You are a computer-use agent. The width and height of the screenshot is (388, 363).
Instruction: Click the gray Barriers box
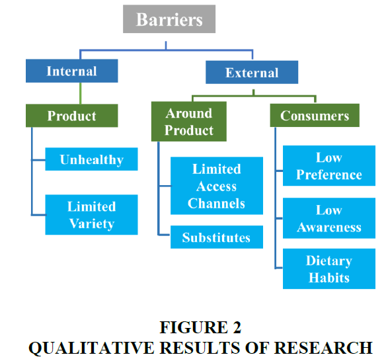tap(169, 19)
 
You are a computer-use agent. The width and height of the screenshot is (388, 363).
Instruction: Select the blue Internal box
tap(72, 71)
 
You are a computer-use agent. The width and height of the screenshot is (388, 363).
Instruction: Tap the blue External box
tap(252, 72)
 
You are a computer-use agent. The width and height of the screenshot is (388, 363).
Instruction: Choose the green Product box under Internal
tap(72, 116)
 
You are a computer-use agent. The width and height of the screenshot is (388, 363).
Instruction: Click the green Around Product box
tap(189, 121)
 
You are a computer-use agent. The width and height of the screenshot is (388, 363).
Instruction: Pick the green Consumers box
tap(315, 116)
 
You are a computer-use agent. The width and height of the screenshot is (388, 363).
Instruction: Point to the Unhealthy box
tap(92, 159)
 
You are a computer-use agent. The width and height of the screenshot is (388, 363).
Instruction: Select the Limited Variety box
tap(92, 215)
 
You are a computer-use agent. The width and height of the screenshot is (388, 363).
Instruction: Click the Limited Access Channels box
tap(217, 186)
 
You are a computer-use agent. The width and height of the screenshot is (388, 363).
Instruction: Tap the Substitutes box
tap(217, 237)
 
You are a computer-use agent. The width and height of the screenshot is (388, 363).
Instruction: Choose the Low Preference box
tap(329, 166)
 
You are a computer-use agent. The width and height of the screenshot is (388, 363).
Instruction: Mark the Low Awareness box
tap(329, 218)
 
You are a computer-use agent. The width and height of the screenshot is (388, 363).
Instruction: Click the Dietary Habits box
tap(329, 268)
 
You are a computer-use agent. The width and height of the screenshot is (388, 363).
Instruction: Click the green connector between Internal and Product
tap(81, 93)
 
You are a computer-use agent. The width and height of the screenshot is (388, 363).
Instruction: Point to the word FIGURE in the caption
tap(194, 327)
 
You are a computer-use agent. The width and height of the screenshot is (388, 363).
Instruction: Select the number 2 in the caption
tap(237, 327)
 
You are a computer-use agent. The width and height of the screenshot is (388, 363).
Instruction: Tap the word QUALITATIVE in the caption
tap(91, 348)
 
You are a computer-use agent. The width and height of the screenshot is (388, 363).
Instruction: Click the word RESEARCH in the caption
tap(323, 348)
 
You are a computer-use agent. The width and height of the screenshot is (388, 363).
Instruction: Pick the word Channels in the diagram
tap(216, 204)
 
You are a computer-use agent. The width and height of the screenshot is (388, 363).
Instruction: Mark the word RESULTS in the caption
tap(200, 348)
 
